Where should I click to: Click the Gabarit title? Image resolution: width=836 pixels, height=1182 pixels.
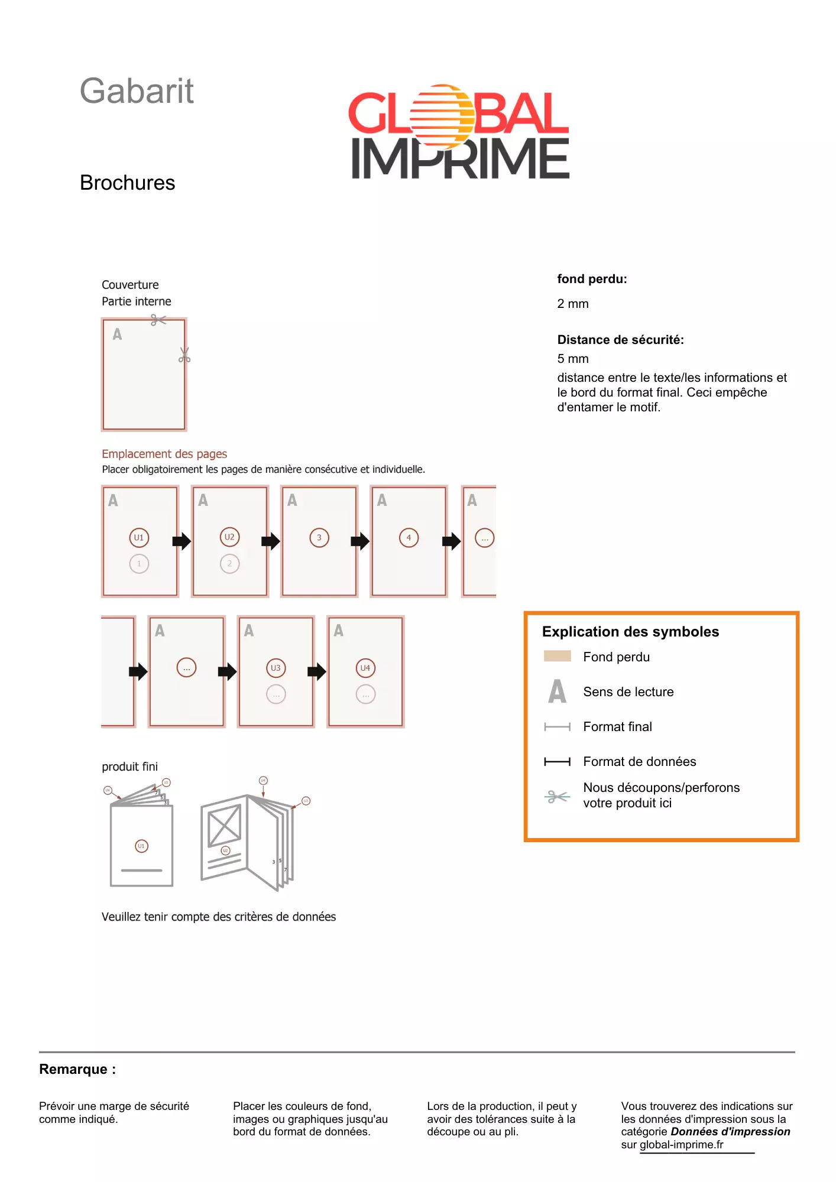[137, 91]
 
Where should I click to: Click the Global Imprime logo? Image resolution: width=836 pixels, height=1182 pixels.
[459, 132]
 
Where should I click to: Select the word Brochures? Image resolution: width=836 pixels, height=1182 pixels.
[127, 183]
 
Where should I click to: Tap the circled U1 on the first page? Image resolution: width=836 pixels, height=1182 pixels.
[139, 538]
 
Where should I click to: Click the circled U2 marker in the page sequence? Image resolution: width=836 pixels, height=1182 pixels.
[229, 537]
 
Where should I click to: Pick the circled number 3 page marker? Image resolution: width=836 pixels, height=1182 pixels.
[319, 538]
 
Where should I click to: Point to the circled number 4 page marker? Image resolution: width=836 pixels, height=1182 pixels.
[409, 538]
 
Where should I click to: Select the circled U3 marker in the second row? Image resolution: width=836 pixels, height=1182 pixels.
[276, 668]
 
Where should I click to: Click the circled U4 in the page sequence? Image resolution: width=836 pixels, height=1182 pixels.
[365, 668]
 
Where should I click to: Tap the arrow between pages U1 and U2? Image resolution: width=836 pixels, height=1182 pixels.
[182, 541]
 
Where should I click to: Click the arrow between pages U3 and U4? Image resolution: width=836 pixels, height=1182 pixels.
[317, 671]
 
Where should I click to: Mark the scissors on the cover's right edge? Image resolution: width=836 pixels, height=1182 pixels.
[184, 355]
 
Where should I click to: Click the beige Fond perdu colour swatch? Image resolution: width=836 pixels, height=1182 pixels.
[557, 656]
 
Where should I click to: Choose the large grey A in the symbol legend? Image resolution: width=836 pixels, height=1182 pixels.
[557, 691]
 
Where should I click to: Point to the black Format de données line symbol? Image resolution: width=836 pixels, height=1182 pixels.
[557, 762]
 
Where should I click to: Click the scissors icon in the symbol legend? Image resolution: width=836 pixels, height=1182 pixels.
[557, 797]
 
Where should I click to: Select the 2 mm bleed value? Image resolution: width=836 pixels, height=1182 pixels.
[573, 304]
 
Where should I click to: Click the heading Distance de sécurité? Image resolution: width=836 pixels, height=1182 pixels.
[620, 340]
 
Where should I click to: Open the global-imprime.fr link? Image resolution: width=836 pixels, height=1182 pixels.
[681, 1145]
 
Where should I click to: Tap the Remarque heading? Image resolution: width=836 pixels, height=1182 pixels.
[77, 1069]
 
